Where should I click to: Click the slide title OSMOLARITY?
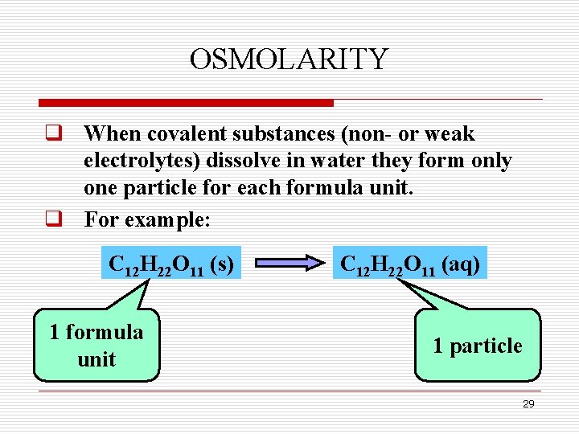click(289, 59)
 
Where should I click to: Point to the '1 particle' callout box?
click(477, 346)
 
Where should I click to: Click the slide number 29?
click(528, 404)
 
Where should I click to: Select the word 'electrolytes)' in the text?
click(142, 161)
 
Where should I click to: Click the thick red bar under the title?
click(186, 103)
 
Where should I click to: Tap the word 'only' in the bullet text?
click(491, 161)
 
